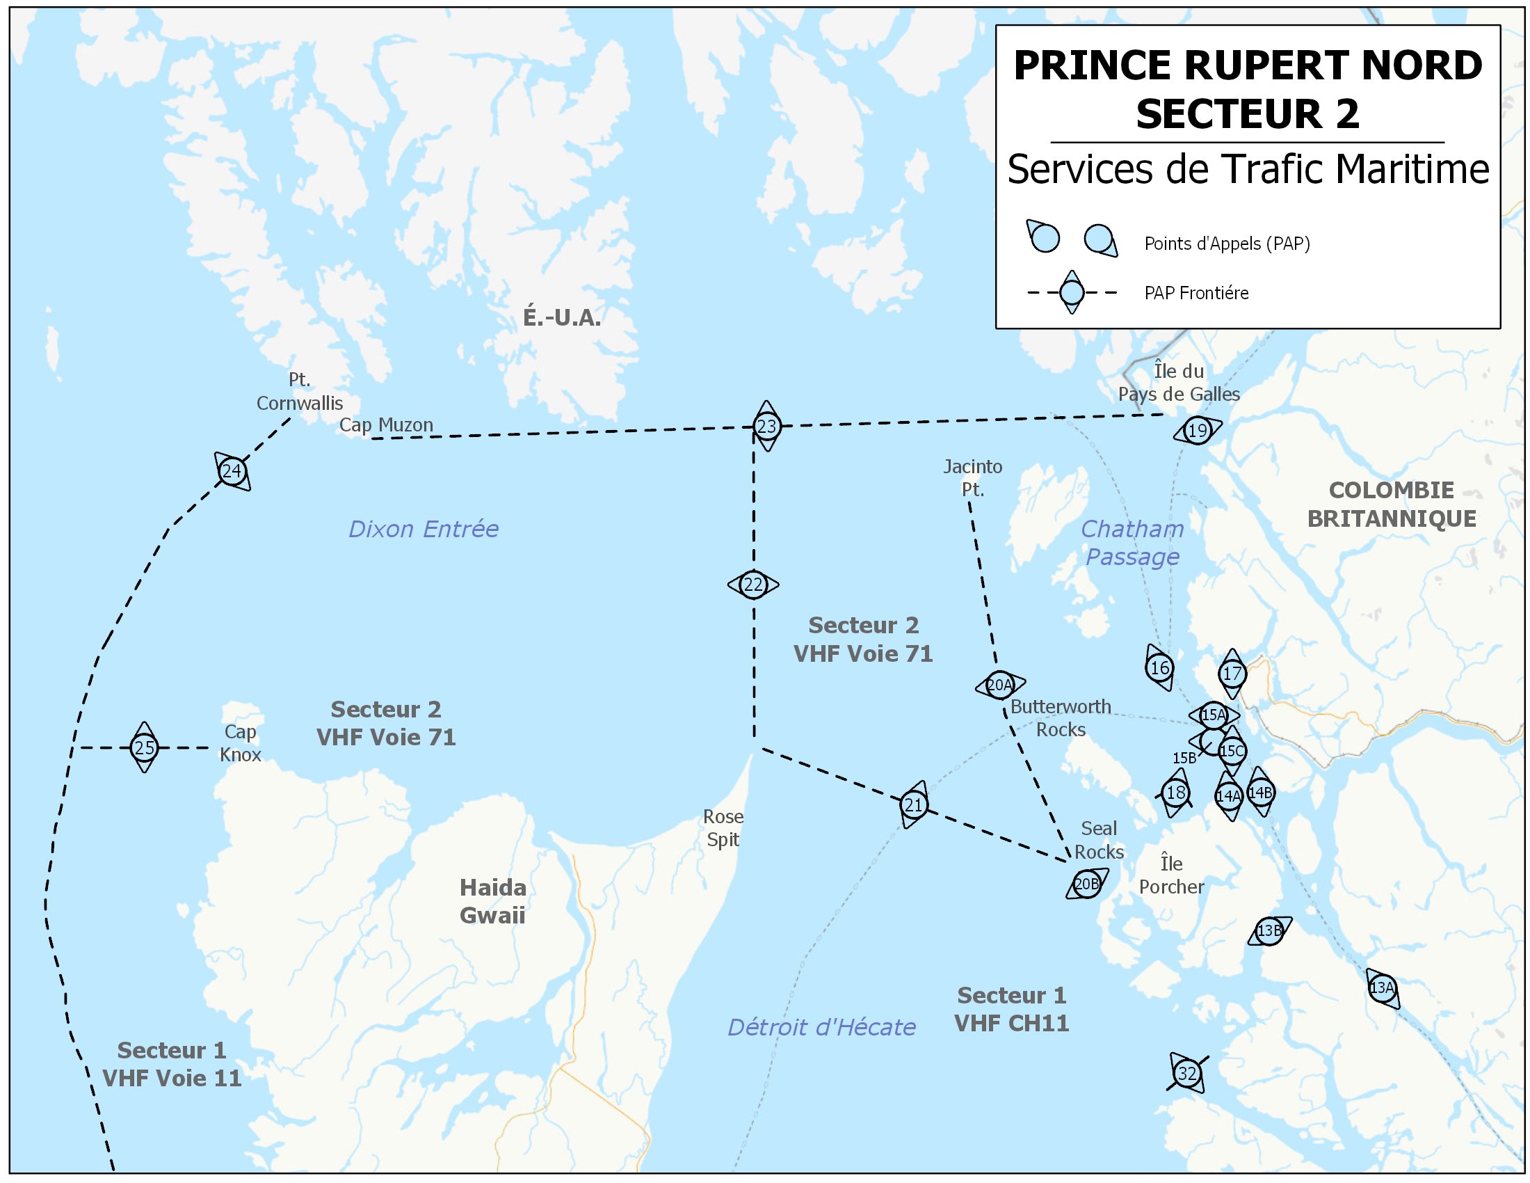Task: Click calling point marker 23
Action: [x=766, y=426]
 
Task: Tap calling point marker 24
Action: [x=232, y=471]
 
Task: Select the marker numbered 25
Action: [x=144, y=748]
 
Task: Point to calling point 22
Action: [x=753, y=585]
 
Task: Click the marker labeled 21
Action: [x=914, y=805]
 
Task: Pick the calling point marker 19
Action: [x=1198, y=430]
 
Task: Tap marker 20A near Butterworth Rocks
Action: [x=999, y=685]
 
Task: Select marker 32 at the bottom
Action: [x=1186, y=1074]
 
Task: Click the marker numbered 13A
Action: [x=1381, y=988]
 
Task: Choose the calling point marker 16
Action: [x=1159, y=668]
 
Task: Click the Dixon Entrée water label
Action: [x=424, y=529]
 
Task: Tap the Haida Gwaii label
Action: [x=492, y=901]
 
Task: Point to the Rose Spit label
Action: [x=723, y=828]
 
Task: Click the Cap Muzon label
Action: [x=386, y=424]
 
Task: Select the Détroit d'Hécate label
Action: [x=821, y=1027]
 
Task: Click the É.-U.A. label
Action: [x=562, y=317]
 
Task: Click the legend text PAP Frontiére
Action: [x=1196, y=293]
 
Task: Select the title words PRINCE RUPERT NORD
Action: [x=1248, y=65]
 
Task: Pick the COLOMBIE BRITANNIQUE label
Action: [x=1392, y=505]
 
